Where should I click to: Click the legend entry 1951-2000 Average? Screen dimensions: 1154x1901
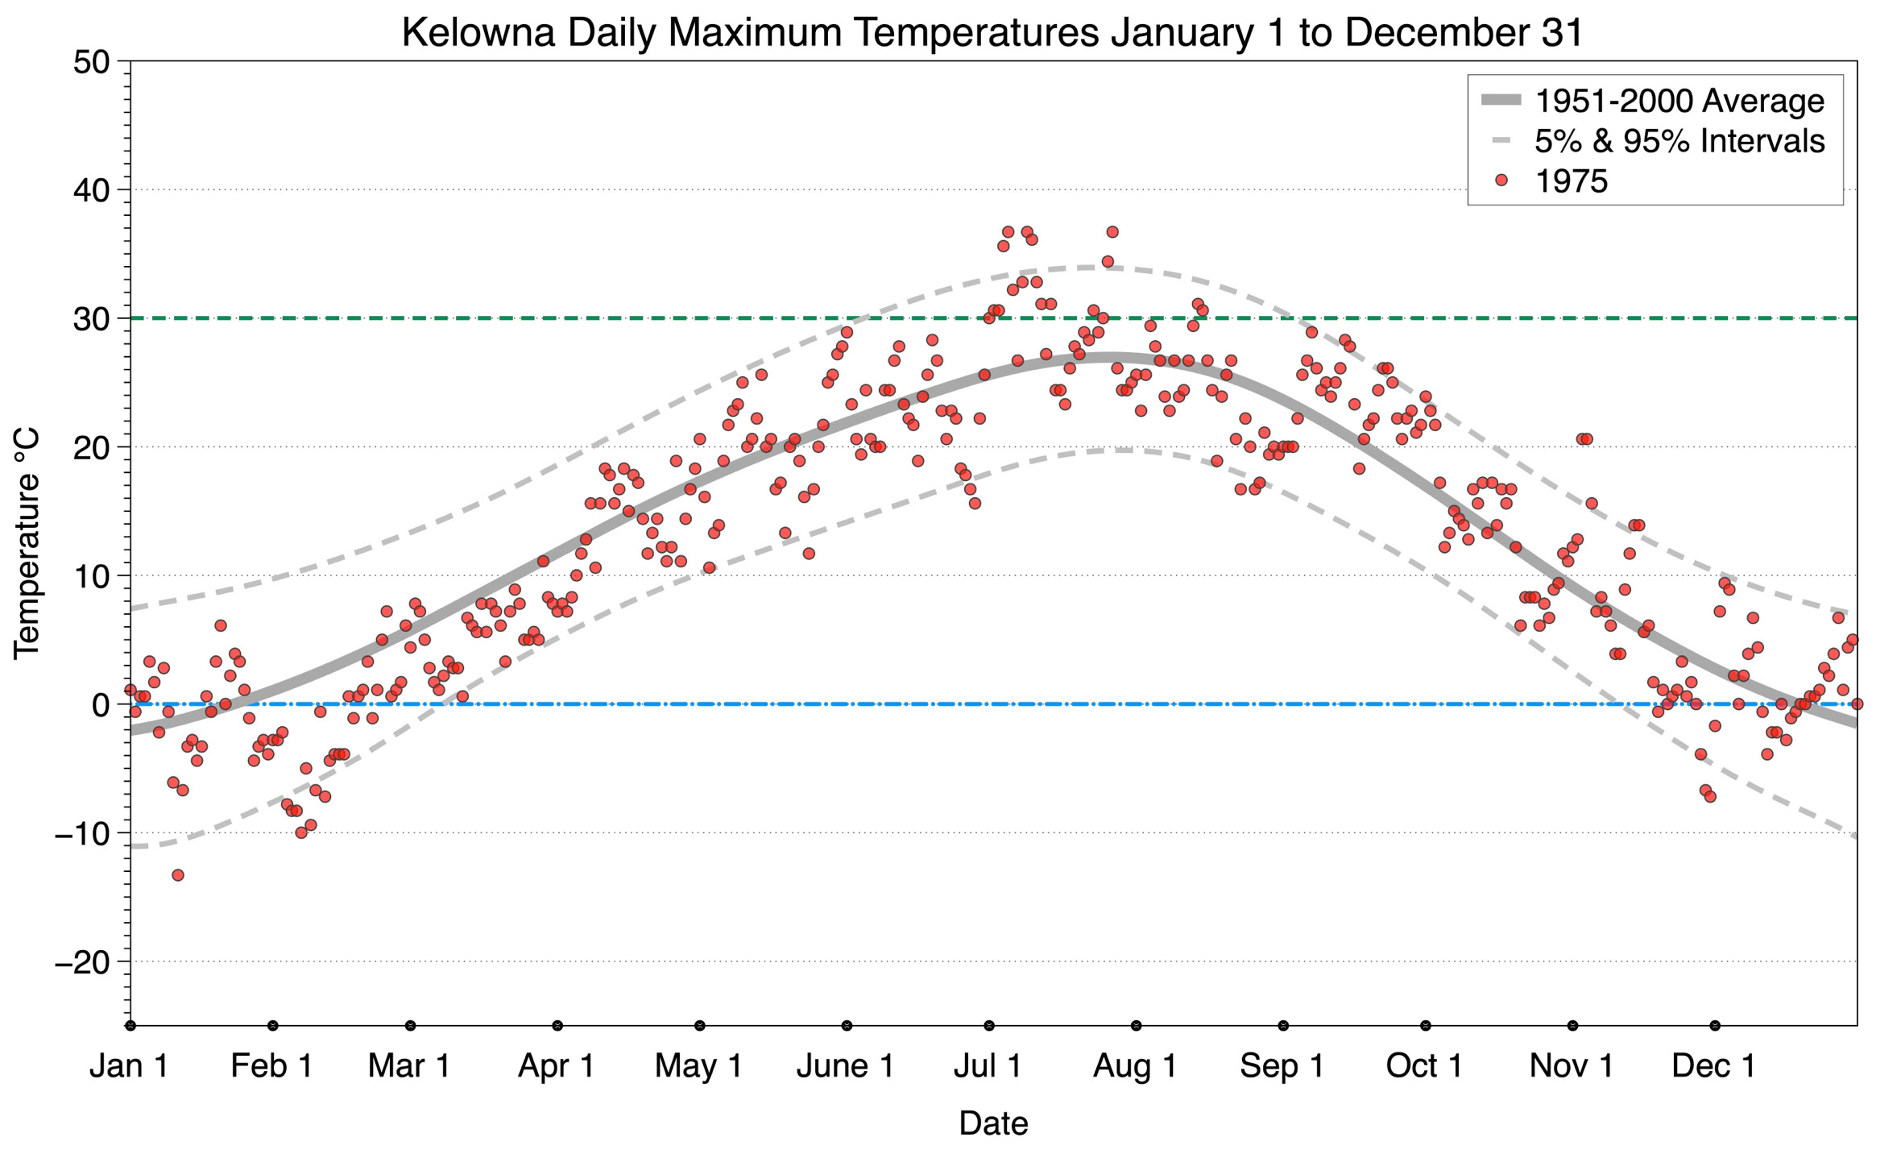(x=1679, y=102)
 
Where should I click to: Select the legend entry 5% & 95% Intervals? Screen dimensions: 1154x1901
(x=1679, y=141)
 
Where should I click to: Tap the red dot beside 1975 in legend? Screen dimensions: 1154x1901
(x=1501, y=181)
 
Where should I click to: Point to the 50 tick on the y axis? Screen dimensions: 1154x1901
(x=91, y=62)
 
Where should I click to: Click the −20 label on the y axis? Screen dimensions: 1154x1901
(x=81, y=962)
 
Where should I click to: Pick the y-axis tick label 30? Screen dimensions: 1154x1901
(x=91, y=319)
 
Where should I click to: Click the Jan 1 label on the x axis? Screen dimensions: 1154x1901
(x=129, y=1066)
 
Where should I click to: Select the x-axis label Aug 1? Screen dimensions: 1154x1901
(x=1135, y=1066)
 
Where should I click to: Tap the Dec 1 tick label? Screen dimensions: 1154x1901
(x=1713, y=1066)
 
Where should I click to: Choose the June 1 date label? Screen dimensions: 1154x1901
(x=845, y=1066)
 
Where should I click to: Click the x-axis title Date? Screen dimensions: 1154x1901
(x=993, y=1123)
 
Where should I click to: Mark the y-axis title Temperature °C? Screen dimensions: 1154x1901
(x=27, y=544)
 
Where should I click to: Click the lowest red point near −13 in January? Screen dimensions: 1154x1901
(x=178, y=875)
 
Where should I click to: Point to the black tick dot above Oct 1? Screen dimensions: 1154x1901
(x=1426, y=1026)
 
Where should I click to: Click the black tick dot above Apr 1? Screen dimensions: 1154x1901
(x=557, y=1026)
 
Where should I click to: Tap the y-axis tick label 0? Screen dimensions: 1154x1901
(x=101, y=705)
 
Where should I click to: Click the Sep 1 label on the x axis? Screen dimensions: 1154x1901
(x=1282, y=1066)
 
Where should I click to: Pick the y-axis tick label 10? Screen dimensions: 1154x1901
(x=91, y=576)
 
